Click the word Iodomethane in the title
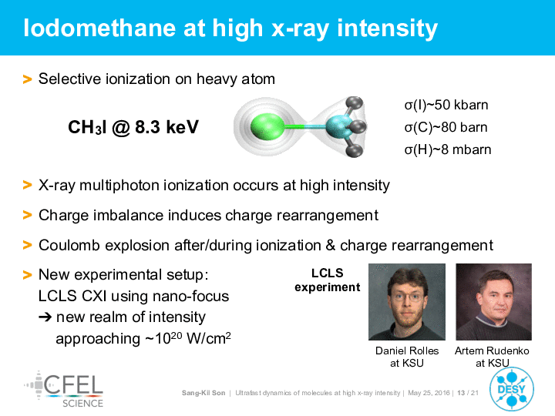99,28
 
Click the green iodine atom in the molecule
267,126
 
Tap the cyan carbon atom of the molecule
338,126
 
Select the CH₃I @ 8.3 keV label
133,127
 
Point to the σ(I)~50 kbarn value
446,105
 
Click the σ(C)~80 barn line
446,127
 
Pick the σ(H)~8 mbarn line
448,149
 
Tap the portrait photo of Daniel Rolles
407,302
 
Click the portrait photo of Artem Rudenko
494,302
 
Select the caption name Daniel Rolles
407,351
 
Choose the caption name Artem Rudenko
492,351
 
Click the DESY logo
512,389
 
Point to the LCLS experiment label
328,280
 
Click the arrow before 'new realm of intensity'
45,317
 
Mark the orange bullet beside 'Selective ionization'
27,79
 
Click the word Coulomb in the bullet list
69,245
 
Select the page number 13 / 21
468,393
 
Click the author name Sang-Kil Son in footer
203,393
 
